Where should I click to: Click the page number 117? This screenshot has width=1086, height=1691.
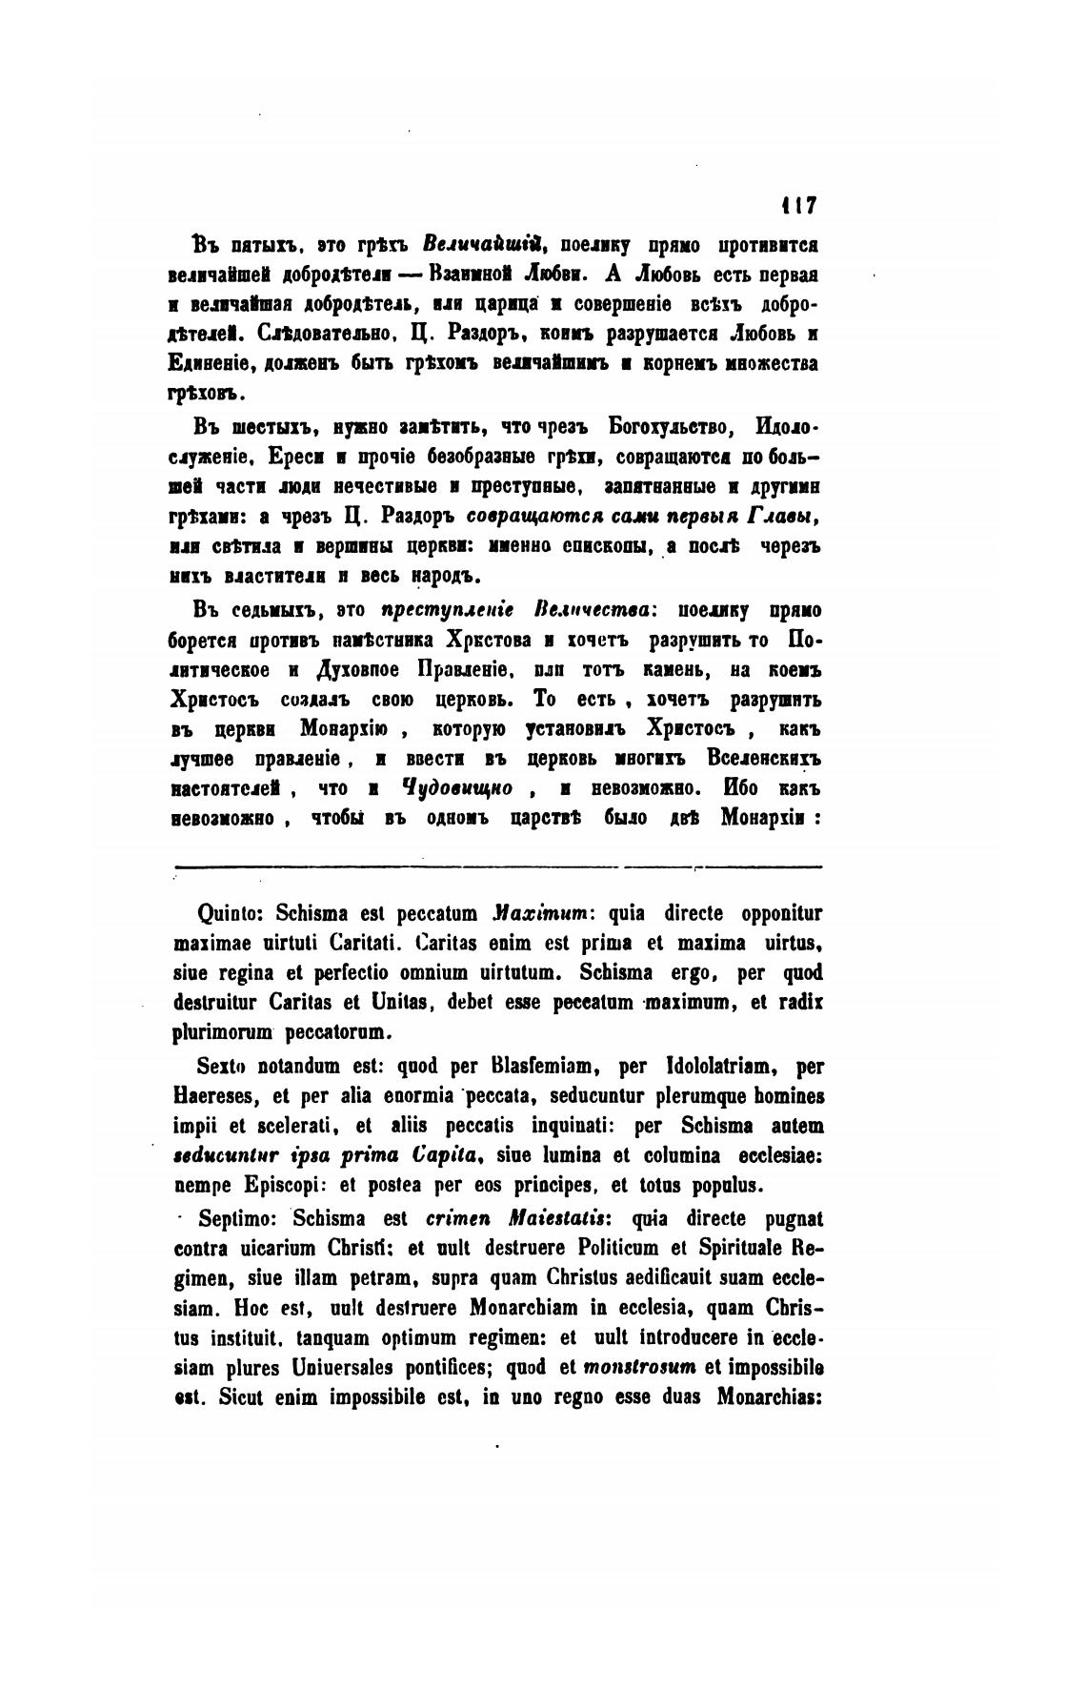click(x=797, y=205)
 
